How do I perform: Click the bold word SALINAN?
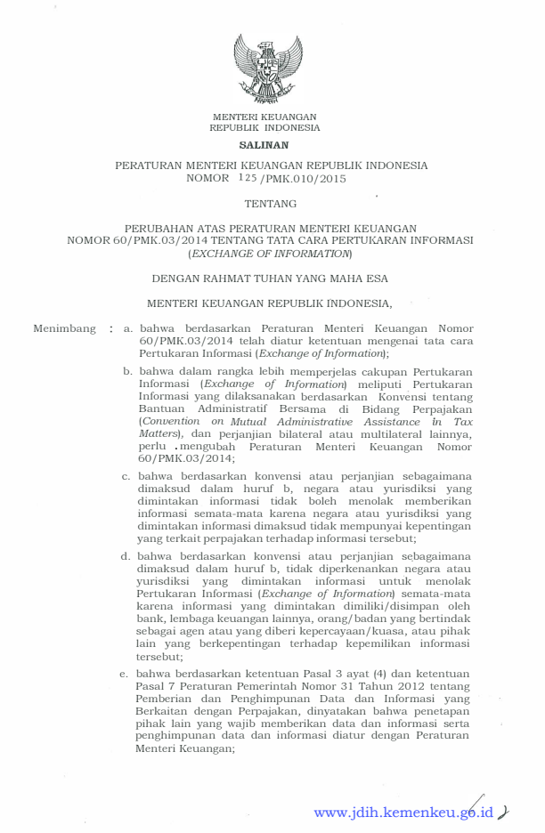[264, 144]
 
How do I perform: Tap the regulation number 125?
[247, 178]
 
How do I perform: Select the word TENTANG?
[271, 204]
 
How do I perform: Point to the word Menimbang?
[64, 328]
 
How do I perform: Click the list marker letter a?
[128, 328]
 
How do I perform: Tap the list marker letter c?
[127, 476]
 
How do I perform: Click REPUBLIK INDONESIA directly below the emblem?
[264, 128]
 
